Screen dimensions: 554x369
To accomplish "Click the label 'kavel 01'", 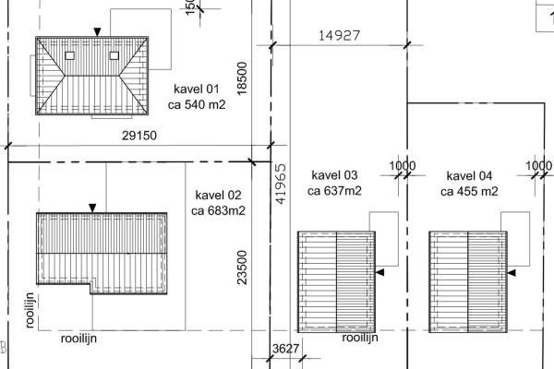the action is click(x=197, y=89).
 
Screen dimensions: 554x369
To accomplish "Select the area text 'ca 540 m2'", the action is click(x=197, y=105).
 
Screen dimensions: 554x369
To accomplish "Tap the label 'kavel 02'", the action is click(x=218, y=195).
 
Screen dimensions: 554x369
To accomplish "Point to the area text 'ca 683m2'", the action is click(x=218, y=211).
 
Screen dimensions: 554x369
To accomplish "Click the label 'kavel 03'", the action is click(x=334, y=175).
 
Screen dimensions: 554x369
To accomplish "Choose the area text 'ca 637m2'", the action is click(x=334, y=191).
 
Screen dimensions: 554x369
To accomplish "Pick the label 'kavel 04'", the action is click(x=469, y=176).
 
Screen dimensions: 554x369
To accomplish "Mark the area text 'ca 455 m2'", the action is click(x=469, y=191).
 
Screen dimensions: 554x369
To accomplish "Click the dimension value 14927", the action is click(x=339, y=35).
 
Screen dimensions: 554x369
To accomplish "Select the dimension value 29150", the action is click(x=139, y=136).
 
